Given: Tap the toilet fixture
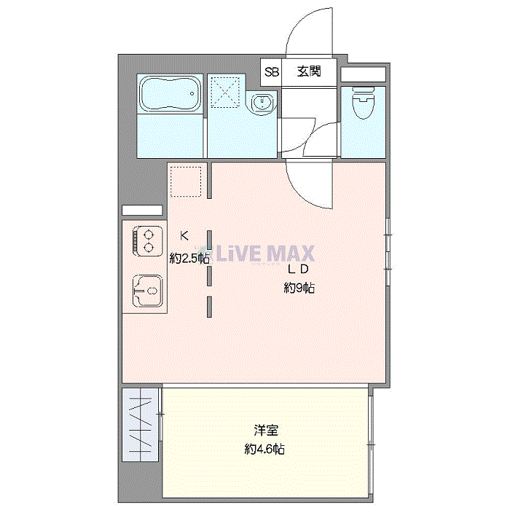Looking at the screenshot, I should click(x=363, y=103).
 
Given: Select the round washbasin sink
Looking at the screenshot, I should click(x=262, y=103).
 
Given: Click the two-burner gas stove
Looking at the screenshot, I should click(x=148, y=241).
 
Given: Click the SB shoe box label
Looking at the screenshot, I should click(x=272, y=72).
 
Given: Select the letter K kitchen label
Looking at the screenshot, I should click(x=184, y=235).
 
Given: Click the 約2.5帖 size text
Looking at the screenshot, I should click(x=190, y=258).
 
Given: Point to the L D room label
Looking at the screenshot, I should click(x=299, y=269).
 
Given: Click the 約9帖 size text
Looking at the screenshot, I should click(x=299, y=288).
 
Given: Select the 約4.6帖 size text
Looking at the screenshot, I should click(x=264, y=450).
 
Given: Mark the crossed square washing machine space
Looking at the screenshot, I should click(x=226, y=91).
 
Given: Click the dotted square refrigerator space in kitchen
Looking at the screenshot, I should click(x=186, y=181).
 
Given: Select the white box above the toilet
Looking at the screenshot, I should click(x=363, y=74).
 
